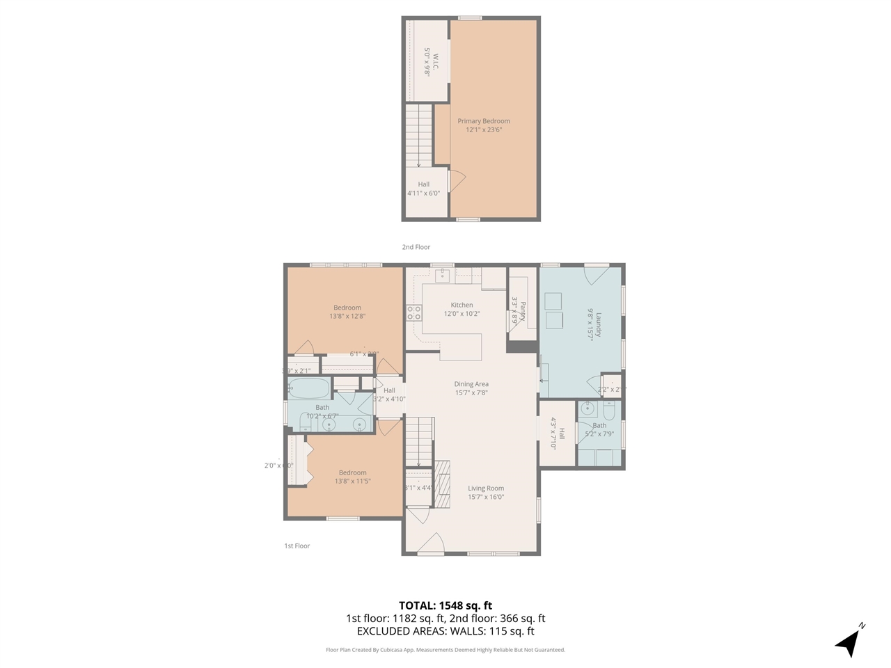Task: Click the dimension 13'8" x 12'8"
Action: pos(347,316)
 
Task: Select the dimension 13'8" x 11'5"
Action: pos(353,481)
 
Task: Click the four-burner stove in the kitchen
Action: pos(414,312)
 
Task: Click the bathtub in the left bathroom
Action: pos(308,388)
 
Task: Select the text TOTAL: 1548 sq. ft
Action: pos(445,605)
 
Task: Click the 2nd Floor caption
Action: pos(416,247)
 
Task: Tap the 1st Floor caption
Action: pos(297,546)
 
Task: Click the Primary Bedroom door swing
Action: pos(457,181)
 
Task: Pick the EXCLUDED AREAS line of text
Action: pos(445,631)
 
